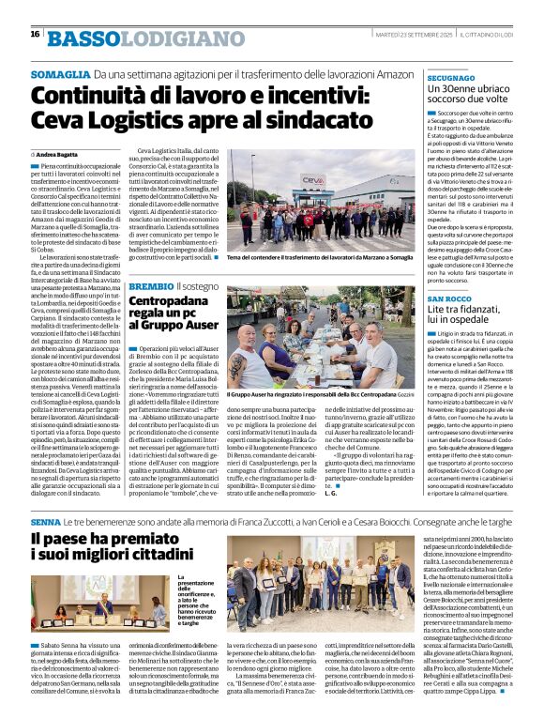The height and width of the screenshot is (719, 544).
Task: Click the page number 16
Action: tap(35, 35)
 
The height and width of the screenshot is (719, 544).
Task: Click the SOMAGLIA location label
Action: tap(59, 73)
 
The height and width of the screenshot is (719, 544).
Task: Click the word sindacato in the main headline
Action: tap(314, 119)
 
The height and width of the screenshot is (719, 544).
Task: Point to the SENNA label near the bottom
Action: tap(46, 519)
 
